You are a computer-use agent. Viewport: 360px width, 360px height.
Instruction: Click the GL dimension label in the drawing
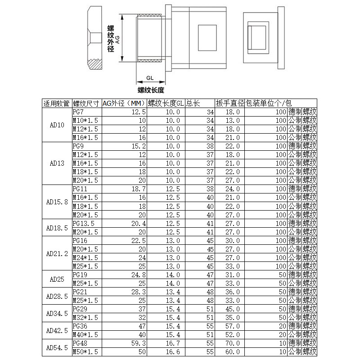[x=150, y=78]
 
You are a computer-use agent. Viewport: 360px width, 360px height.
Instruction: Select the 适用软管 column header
[x=57, y=103]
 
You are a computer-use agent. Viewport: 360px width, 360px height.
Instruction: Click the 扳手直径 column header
[x=229, y=103]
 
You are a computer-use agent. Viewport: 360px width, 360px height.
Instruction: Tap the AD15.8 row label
[x=57, y=202]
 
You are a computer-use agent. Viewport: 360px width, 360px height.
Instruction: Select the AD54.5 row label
[x=57, y=348]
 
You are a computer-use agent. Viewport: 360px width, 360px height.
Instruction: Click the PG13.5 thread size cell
[x=84, y=224]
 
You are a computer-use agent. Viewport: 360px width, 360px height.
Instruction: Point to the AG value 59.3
[x=138, y=343]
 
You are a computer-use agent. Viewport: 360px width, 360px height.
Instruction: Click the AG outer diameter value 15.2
[x=138, y=146]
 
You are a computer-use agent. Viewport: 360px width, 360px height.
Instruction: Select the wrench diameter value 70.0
[x=232, y=343]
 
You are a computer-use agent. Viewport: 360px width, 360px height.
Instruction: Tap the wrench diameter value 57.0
[x=232, y=326]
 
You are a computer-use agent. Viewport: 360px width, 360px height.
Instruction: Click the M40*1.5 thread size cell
[x=85, y=335]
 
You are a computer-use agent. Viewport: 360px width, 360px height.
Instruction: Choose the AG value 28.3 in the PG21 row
[x=138, y=292]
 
